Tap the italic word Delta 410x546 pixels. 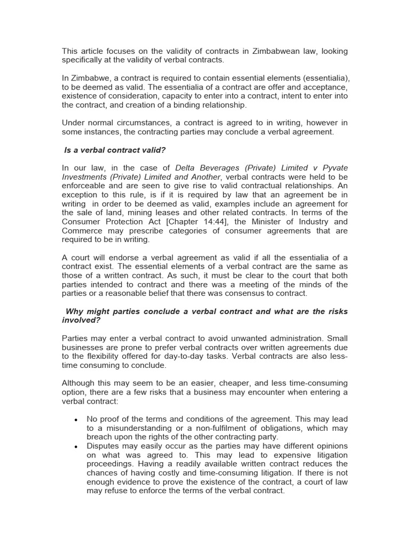185,168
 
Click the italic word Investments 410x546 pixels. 84,177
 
